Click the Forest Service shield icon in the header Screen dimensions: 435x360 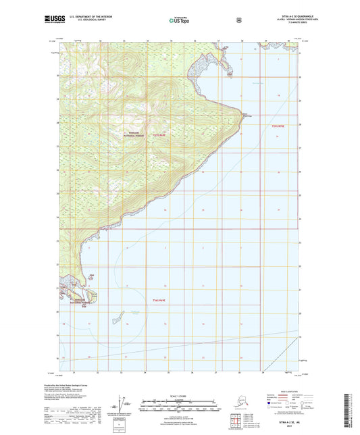[x=238, y=20]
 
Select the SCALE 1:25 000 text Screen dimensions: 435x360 [x=180, y=394]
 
